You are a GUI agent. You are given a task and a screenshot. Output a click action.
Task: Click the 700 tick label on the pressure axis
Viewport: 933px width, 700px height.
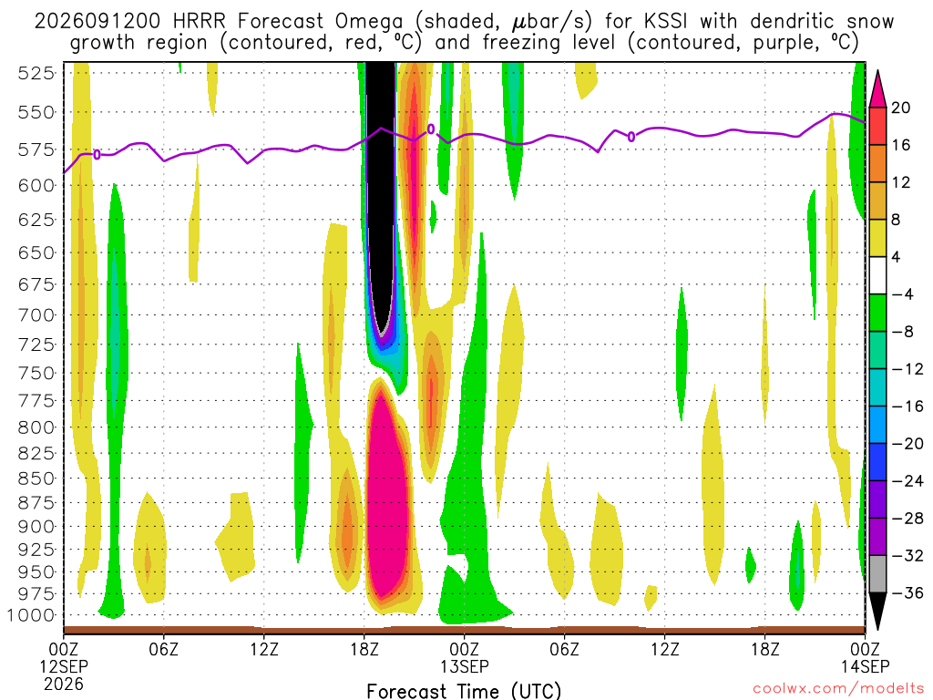pyautogui.click(x=36, y=314)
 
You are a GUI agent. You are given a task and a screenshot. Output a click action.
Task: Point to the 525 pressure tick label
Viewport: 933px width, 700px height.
pyautogui.click(x=36, y=73)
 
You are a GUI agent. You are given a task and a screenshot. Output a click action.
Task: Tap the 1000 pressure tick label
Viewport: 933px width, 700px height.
pyautogui.click(x=32, y=615)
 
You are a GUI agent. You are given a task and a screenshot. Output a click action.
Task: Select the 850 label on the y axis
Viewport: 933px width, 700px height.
pyautogui.click(x=36, y=479)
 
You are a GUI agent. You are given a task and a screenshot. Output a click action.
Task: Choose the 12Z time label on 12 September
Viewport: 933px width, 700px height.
pyautogui.click(x=264, y=648)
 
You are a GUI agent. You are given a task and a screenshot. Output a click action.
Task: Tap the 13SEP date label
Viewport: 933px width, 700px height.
pyautogui.click(x=465, y=666)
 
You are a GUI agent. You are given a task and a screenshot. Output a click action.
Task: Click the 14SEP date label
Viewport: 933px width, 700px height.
pyautogui.click(x=866, y=666)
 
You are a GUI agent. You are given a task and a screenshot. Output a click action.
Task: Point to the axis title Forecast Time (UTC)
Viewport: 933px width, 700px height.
pyautogui.click(x=464, y=691)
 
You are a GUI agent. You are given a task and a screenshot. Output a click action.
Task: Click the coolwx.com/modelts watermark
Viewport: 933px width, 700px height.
pyautogui.click(x=838, y=689)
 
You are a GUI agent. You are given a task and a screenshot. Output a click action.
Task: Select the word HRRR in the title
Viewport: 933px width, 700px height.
pyautogui.click(x=200, y=22)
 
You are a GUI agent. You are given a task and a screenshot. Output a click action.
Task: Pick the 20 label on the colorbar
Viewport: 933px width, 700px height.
pyautogui.click(x=900, y=108)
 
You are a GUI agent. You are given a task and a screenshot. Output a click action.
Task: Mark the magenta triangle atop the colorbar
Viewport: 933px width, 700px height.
pyautogui.click(x=877, y=88)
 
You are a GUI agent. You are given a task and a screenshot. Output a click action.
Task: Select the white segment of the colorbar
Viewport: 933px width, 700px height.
pyautogui.click(x=877, y=275)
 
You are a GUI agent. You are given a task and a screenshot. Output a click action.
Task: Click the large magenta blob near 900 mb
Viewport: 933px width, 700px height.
pyautogui.click(x=387, y=494)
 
